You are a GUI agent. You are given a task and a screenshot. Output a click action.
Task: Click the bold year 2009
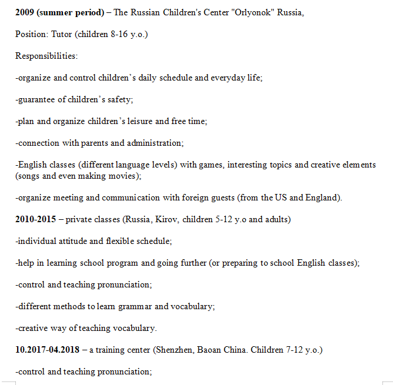tap(25, 12)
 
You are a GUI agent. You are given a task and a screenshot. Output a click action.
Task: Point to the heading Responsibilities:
tap(46, 56)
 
